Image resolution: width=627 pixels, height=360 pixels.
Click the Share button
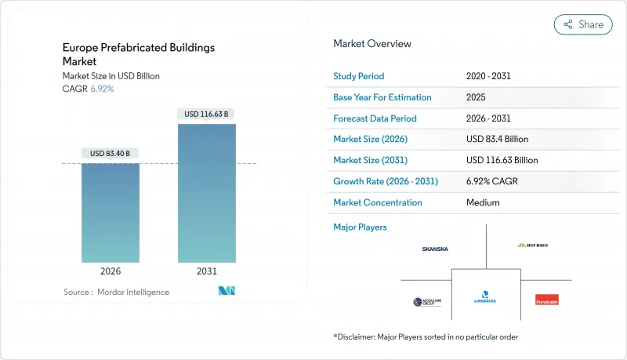[583, 24]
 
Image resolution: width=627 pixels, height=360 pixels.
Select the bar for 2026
[111, 213]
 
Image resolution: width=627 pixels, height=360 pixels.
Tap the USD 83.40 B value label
[111, 153]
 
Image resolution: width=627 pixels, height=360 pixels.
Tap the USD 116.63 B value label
[206, 114]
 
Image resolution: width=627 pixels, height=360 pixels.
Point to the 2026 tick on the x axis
[111, 271]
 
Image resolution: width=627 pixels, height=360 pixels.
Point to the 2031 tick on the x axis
[206, 271]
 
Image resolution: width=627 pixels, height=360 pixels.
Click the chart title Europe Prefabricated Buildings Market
[139, 53]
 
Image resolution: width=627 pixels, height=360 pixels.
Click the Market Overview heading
[372, 44]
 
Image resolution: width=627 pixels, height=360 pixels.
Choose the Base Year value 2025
[476, 97]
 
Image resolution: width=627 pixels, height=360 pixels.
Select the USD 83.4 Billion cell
[497, 139]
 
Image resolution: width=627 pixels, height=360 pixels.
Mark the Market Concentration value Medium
[483, 202]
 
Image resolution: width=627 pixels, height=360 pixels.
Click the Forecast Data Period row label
[375, 118]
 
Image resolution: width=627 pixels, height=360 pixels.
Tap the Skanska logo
[435, 249]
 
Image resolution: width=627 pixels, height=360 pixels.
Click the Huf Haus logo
[532, 245]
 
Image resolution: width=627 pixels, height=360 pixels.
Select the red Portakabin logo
[546, 299]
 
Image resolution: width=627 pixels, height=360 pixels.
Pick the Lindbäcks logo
[486, 299]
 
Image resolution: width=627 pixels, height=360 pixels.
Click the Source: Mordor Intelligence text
[116, 292]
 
